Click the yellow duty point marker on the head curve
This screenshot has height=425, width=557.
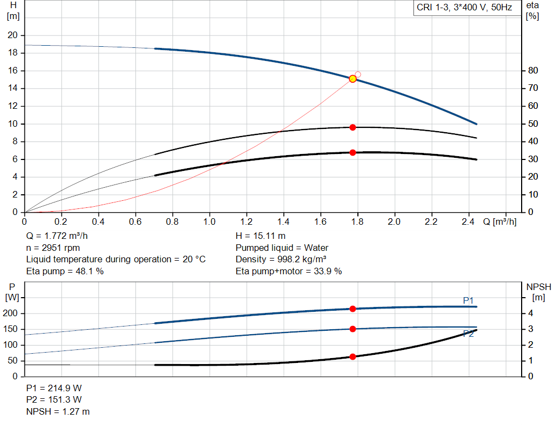[352, 79]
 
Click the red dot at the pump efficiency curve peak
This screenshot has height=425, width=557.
[352, 127]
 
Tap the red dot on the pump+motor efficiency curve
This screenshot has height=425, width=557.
[352, 152]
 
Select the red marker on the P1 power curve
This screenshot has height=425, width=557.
[352, 309]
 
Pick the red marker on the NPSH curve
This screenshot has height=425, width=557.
[352, 357]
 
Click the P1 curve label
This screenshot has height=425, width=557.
[468, 300]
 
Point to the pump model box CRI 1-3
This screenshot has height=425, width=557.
[464, 8]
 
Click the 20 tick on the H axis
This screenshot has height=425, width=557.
[13, 35]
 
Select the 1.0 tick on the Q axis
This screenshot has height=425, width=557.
[209, 222]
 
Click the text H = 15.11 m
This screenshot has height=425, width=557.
[261, 236]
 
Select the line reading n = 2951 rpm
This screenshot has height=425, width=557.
[54, 248]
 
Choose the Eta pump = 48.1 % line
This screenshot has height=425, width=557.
[65, 270]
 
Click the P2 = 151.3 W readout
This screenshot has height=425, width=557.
[54, 400]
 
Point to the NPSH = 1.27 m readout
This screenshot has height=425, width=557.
[58, 411]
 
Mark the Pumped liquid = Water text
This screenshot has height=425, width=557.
[282, 248]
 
